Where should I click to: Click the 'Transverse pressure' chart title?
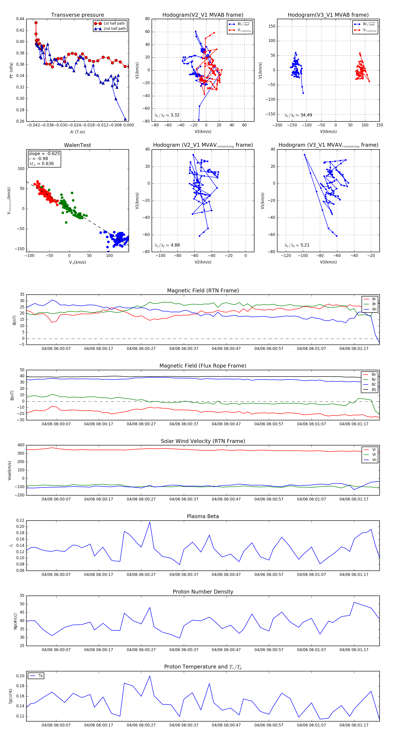(77, 15)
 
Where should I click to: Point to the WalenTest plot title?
(77, 145)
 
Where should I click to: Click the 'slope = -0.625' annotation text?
(44, 154)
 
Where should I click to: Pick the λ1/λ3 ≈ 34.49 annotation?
(298, 115)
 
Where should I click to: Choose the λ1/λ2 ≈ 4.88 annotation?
(167, 245)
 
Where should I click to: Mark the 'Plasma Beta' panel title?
(203, 517)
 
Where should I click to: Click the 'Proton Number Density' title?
(203, 592)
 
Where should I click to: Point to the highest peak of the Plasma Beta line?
(150, 522)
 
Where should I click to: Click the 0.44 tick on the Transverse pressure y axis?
(20, 19)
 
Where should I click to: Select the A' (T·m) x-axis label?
(77, 132)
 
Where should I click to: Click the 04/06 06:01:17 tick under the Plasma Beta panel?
(354, 575)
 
